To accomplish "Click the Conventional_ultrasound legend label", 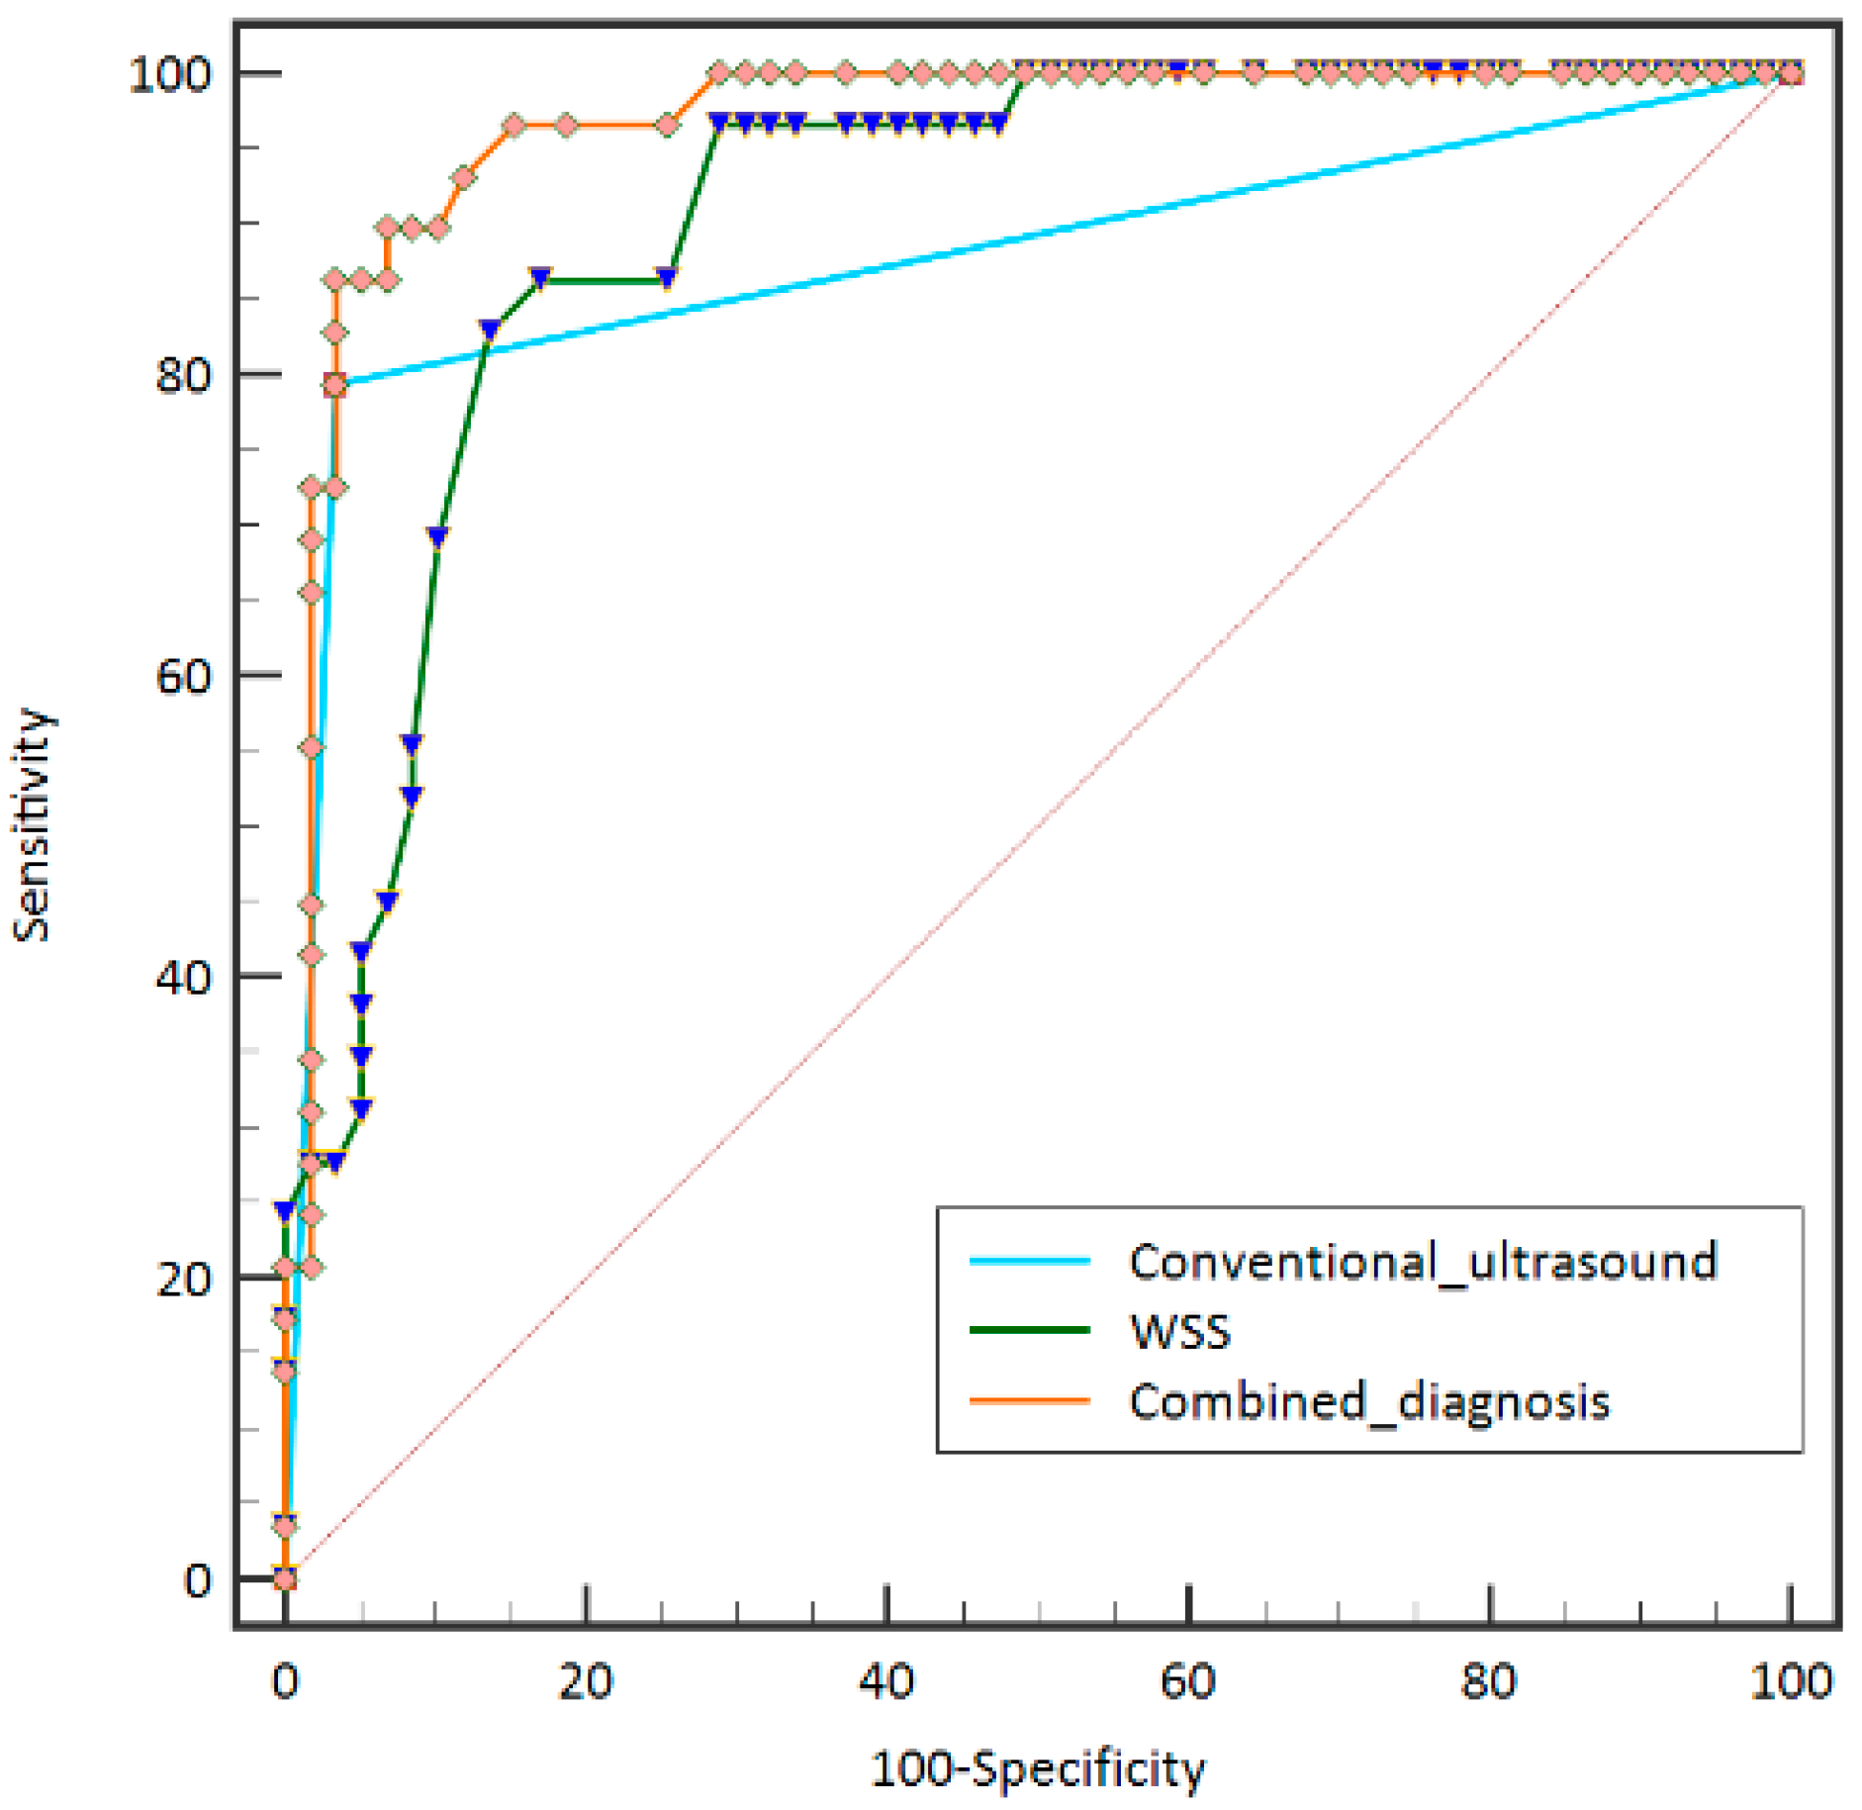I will coord(1422,1262).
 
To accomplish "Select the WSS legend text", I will coord(1179,1332).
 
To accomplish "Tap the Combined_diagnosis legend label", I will coord(1369,1402).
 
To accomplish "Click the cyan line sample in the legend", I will coord(1029,1261).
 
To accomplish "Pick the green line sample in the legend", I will coord(1029,1330).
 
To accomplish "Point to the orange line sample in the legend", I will coord(1029,1401).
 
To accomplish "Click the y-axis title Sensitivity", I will coord(32,824).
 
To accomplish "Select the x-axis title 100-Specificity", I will coord(1038,1769).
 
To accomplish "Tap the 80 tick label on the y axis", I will coord(183,375).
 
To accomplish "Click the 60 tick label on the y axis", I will coord(183,676).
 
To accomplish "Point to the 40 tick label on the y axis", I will coord(183,977).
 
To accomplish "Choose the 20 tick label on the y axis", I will coord(183,1279).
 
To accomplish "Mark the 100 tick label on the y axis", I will coord(170,74).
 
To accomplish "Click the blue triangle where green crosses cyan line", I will coord(489,330).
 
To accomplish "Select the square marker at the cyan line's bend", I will coord(335,385).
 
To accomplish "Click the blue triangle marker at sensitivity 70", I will coord(437,536).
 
